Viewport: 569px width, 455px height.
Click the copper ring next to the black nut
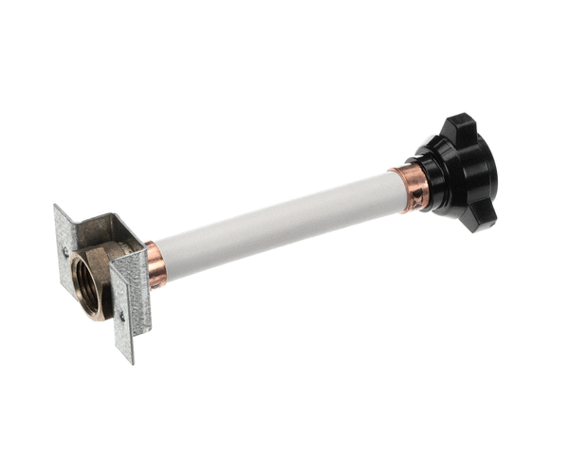click(410, 186)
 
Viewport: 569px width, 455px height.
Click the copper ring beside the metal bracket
click(156, 264)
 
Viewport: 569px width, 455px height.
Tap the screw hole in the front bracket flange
click(121, 315)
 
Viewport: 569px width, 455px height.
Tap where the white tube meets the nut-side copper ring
click(395, 190)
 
